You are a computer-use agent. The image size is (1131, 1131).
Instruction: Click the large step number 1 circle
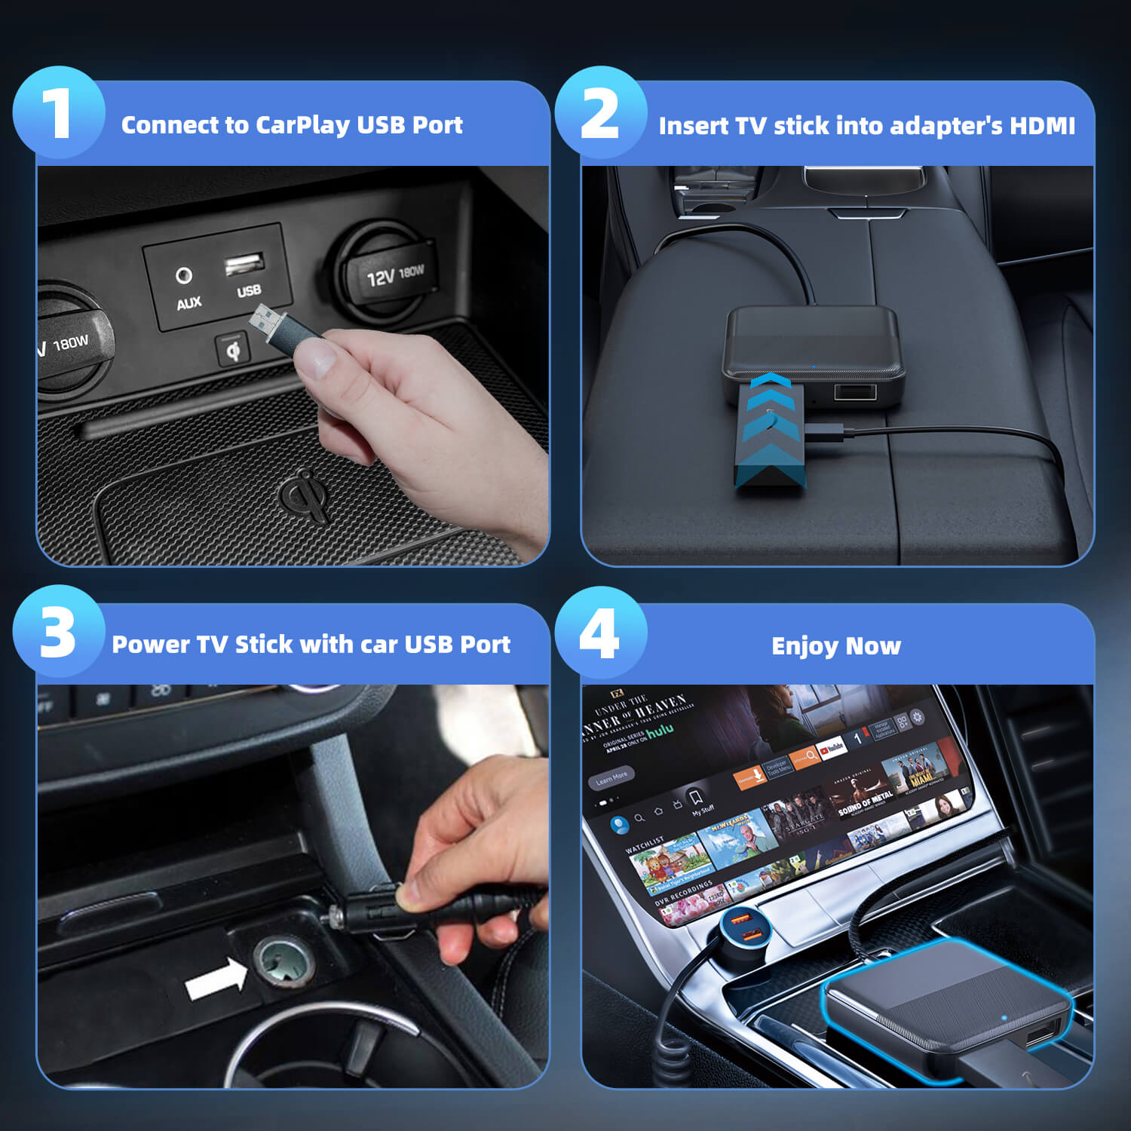tap(58, 112)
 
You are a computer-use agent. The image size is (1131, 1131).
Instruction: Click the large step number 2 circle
tap(600, 112)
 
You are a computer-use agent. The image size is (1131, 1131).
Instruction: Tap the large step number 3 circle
tap(58, 632)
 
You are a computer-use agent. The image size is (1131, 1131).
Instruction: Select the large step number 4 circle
tap(600, 632)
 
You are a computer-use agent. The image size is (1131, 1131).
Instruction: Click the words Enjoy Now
tap(836, 646)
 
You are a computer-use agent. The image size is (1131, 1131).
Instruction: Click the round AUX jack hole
tap(183, 275)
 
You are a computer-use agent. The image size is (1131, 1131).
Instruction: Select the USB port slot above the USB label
tap(244, 264)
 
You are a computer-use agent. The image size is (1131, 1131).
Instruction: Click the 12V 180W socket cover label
tap(395, 275)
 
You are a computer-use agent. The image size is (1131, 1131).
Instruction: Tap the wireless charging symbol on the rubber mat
tap(305, 494)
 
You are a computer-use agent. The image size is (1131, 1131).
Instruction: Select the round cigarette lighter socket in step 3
tap(284, 962)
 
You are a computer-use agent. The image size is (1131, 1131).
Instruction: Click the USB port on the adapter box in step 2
tap(854, 391)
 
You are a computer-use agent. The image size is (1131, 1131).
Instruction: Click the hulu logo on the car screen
tap(660, 730)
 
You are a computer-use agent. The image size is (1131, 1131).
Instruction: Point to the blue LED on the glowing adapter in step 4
tap(1004, 1017)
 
